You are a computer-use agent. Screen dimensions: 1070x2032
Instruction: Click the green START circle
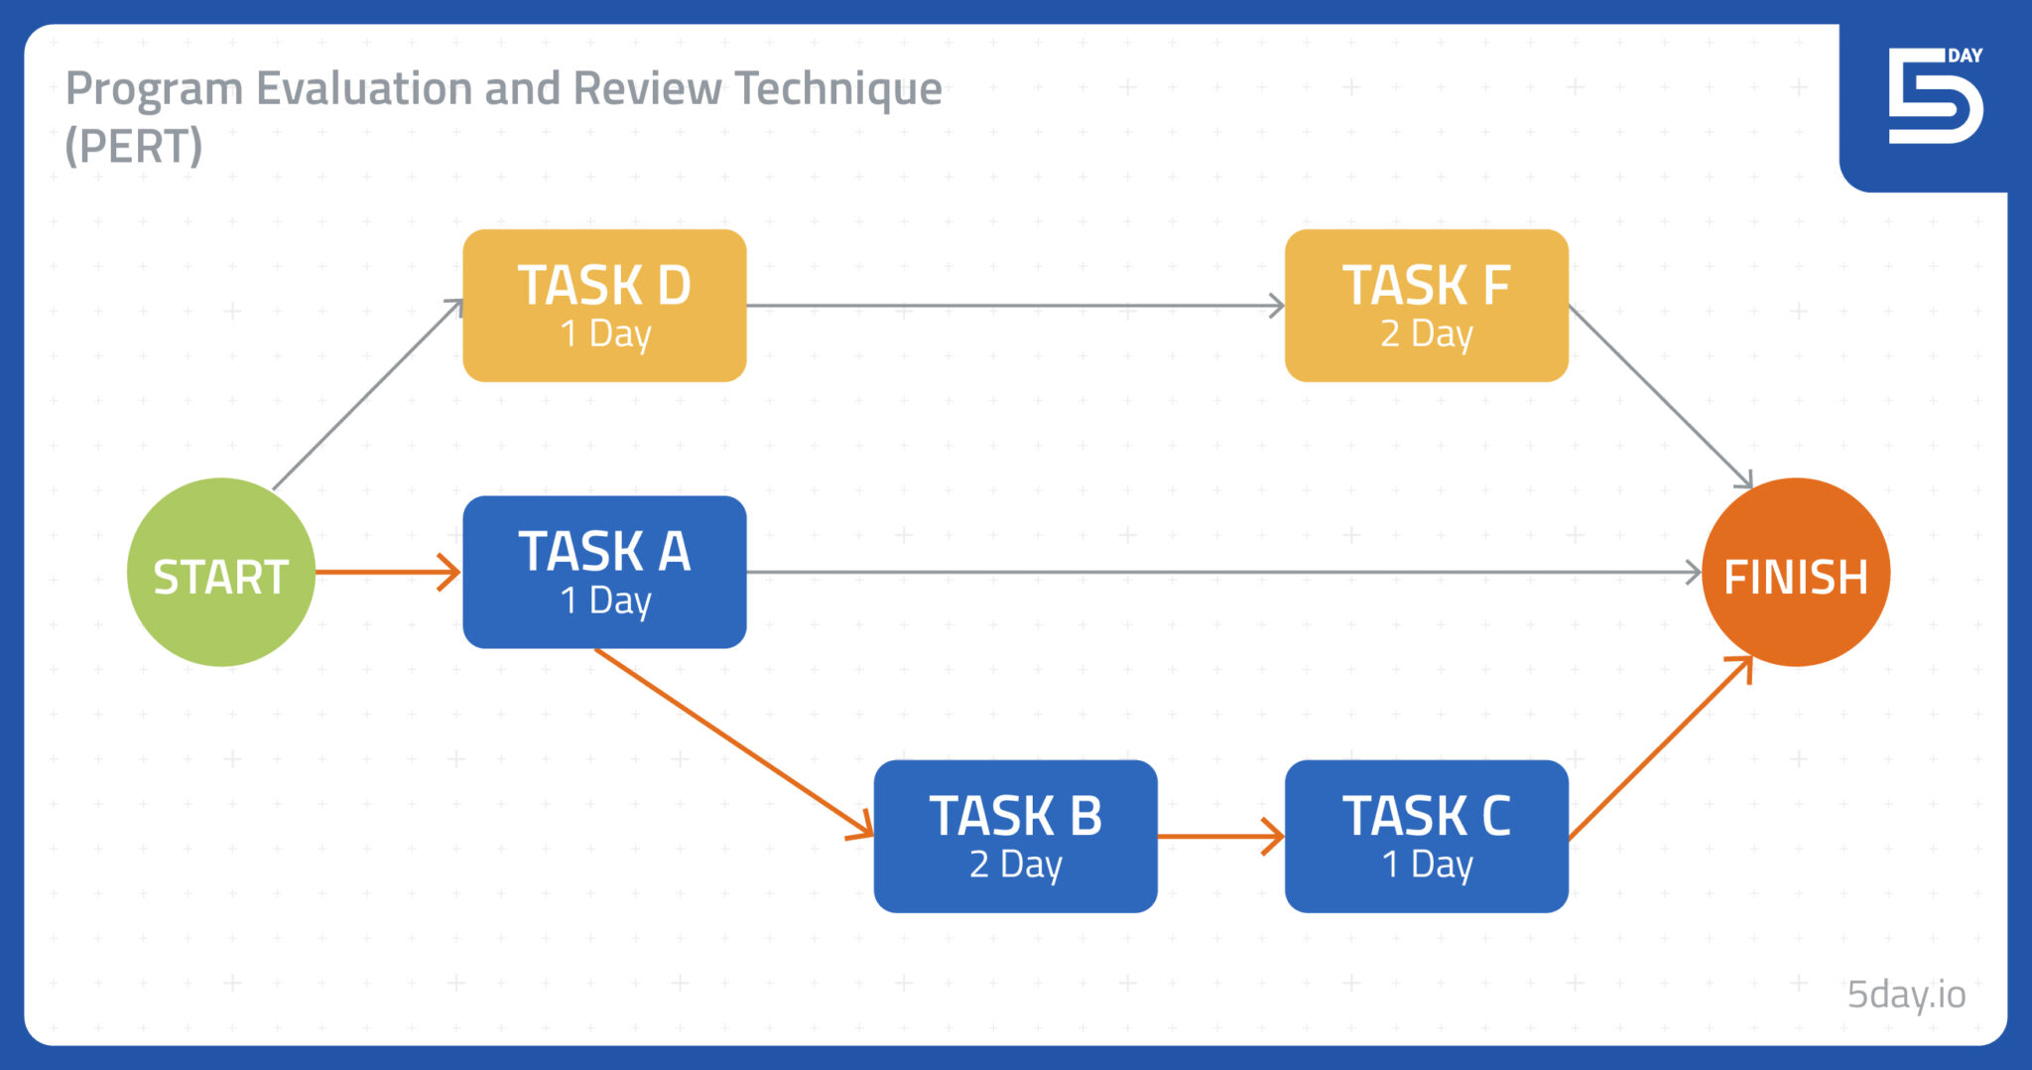[220, 573]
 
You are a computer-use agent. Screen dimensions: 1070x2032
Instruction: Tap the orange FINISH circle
[1795, 573]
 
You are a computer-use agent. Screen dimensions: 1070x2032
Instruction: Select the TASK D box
[604, 306]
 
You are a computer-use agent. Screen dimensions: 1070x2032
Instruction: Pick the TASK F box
[1426, 306]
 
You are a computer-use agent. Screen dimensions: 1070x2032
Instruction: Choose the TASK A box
[604, 573]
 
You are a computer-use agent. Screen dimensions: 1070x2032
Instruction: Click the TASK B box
[1015, 837]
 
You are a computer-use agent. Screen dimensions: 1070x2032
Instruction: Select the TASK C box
[1426, 837]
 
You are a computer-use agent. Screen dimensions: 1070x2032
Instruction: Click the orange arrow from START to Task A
[387, 573]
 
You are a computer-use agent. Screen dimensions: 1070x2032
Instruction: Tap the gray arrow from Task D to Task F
[1012, 306]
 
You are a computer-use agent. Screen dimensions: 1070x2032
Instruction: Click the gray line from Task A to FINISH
[1220, 573]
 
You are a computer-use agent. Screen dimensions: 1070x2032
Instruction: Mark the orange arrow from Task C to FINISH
[1659, 749]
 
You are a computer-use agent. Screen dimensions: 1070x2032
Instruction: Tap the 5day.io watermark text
[1905, 994]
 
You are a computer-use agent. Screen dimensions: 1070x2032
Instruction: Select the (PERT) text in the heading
[133, 147]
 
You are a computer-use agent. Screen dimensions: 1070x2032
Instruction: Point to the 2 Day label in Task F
[1426, 334]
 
